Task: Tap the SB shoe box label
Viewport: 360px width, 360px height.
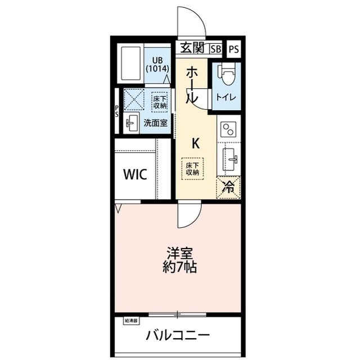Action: click(216, 49)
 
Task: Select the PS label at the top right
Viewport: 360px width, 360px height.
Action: click(233, 49)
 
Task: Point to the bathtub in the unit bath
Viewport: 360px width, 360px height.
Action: click(132, 64)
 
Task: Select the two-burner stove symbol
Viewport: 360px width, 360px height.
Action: click(228, 130)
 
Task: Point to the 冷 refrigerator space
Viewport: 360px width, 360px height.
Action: click(229, 187)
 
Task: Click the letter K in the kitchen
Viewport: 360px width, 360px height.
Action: click(195, 143)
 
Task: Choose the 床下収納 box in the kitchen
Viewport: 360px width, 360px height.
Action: click(192, 168)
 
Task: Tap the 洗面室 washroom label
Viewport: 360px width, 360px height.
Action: click(155, 123)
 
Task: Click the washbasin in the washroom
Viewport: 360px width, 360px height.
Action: click(132, 123)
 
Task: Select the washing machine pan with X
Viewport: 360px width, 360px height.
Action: click(136, 101)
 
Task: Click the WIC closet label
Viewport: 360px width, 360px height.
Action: click(135, 174)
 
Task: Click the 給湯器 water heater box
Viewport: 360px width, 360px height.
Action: click(130, 321)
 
